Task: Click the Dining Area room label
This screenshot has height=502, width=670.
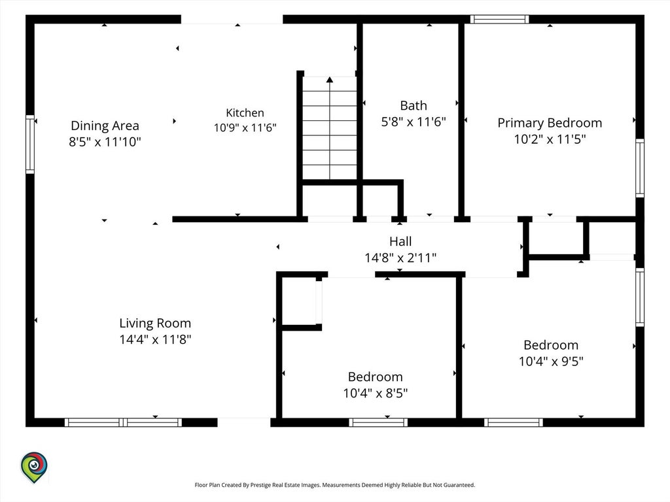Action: [x=105, y=125]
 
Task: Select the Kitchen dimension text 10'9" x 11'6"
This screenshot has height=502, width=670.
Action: [x=245, y=127]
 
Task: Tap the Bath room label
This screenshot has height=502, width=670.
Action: [x=414, y=105]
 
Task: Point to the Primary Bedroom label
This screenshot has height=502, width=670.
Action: [x=550, y=123]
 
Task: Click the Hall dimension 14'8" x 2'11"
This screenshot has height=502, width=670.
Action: [x=400, y=258]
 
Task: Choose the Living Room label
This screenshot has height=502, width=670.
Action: [x=155, y=323]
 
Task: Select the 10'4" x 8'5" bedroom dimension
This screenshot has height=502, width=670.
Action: [x=375, y=393]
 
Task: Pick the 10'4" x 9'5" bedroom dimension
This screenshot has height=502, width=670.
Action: [x=551, y=361]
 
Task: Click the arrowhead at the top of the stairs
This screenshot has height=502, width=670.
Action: [x=330, y=79]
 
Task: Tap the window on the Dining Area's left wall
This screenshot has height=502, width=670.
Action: [x=30, y=144]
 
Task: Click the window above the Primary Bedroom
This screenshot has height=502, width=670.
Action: [x=499, y=19]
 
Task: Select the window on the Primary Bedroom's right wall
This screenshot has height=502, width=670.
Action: [x=640, y=168]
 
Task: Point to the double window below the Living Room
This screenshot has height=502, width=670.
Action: [x=123, y=423]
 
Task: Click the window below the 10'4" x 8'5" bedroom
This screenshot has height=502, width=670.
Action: [x=378, y=423]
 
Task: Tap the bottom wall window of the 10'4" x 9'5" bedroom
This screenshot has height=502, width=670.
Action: [x=514, y=423]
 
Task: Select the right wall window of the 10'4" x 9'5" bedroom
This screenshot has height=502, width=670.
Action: [x=640, y=297]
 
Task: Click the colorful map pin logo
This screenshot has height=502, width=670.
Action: [x=34, y=467]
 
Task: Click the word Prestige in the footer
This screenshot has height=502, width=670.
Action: [x=260, y=485]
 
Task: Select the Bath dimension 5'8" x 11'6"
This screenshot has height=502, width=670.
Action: [x=414, y=122]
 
